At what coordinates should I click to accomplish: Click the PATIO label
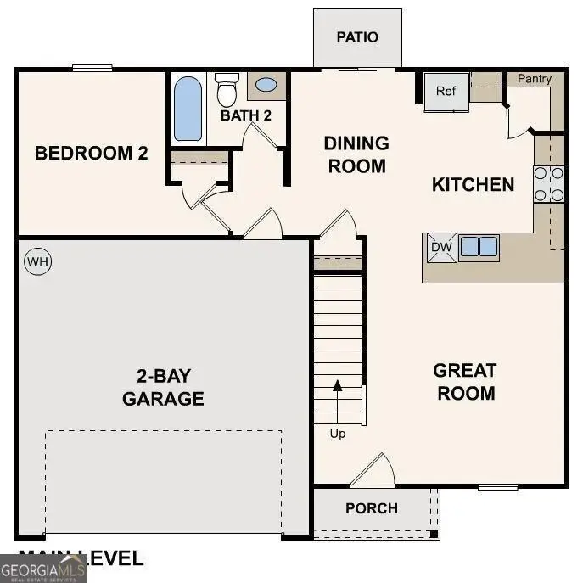click(x=357, y=37)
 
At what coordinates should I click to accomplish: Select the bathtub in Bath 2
click(x=188, y=109)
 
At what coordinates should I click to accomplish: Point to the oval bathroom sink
click(x=266, y=85)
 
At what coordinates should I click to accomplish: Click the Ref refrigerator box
click(x=446, y=91)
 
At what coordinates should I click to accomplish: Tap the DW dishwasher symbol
click(x=440, y=247)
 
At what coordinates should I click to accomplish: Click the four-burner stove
click(x=549, y=184)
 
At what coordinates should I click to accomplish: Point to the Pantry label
click(x=535, y=79)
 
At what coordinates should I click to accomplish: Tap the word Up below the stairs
click(x=338, y=434)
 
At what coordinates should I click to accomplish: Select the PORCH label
click(x=372, y=508)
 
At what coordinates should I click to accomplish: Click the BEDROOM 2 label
click(x=92, y=154)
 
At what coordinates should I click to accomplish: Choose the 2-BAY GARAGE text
click(x=163, y=387)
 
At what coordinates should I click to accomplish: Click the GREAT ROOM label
click(x=464, y=382)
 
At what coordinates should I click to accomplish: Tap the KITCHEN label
click(x=473, y=185)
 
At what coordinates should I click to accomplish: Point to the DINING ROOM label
click(x=356, y=154)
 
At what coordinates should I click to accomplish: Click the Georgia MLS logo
click(x=42, y=568)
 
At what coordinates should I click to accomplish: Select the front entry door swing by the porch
click(x=374, y=472)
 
